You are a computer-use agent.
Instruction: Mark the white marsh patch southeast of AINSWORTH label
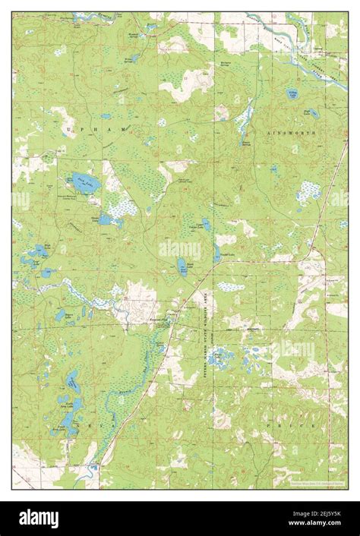click(308, 191)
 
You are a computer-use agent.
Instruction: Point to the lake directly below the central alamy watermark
click(182, 266)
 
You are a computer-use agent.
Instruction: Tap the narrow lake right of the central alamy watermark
click(216, 253)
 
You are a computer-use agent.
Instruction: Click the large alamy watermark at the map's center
click(180, 250)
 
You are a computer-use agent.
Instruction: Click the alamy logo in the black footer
click(38, 518)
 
